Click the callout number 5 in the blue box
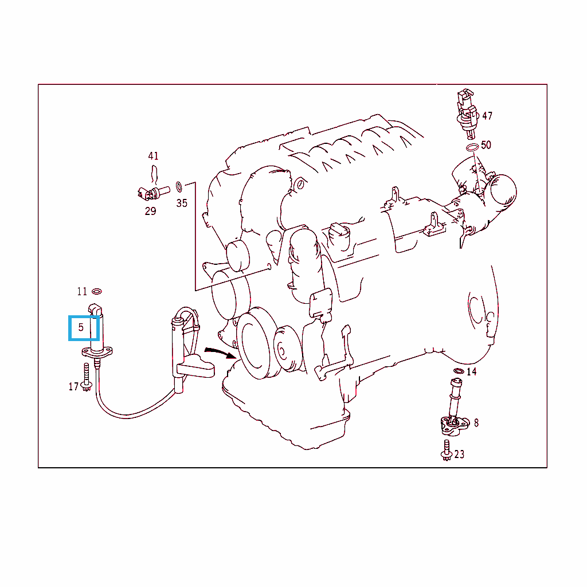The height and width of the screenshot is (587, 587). pos(81,327)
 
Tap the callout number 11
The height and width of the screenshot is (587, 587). pos(82,291)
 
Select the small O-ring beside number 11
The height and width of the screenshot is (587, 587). pos(96,291)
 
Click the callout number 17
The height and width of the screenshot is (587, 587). pos(74,386)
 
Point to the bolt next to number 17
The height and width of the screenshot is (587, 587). pos(87,377)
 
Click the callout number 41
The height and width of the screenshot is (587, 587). pos(153,156)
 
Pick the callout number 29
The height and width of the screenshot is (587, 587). pos(151,211)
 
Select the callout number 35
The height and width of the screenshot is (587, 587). pos(182,203)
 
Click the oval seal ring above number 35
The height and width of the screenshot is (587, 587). pos(179,187)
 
